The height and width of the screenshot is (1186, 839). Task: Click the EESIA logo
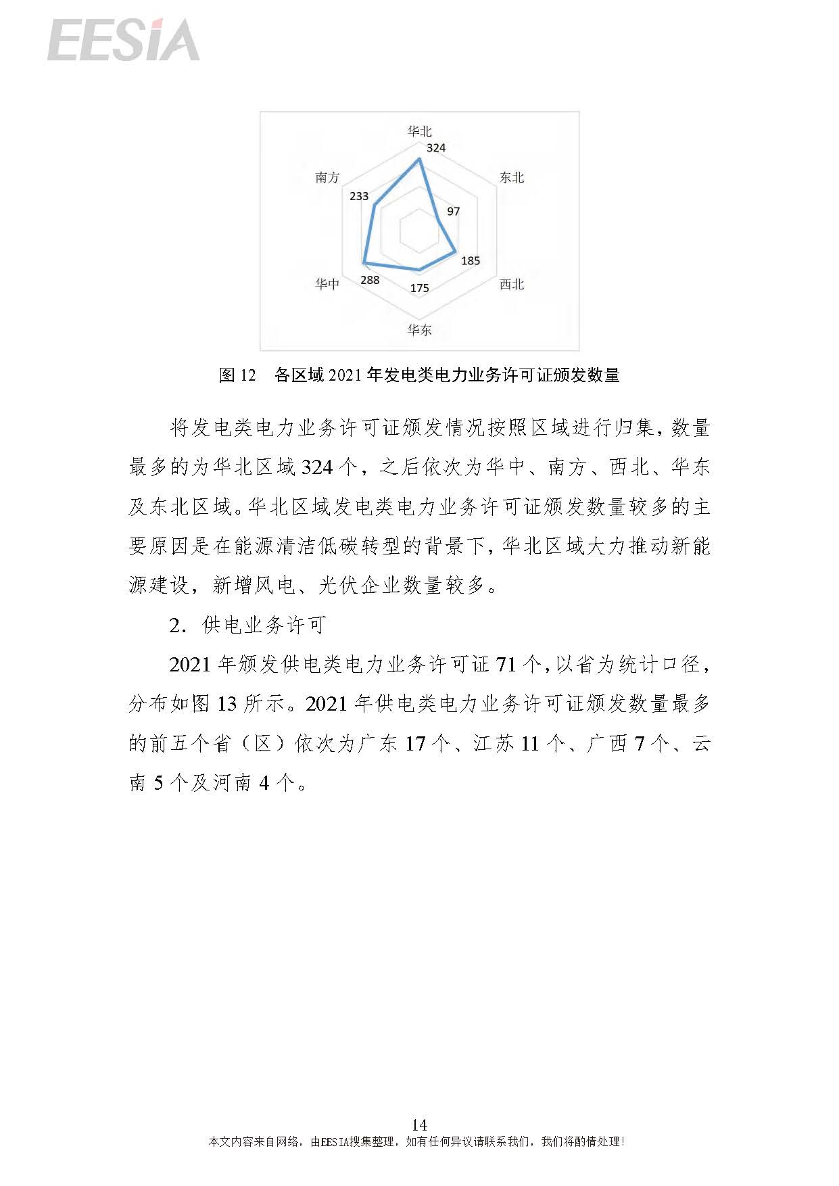tap(124, 40)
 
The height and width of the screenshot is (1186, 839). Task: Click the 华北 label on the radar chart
tap(419, 131)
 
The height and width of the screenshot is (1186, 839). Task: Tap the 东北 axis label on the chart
tap(512, 177)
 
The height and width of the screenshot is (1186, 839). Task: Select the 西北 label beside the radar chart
tap(512, 284)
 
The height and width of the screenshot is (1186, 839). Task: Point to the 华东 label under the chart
tap(419, 330)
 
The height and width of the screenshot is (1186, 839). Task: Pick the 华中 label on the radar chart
tap(327, 284)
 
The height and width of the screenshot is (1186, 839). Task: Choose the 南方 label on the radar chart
tap(327, 177)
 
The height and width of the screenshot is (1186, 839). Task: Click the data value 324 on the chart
tap(436, 147)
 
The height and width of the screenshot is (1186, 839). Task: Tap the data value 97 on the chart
tap(454, 211)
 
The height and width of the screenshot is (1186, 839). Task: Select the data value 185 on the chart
tap(471, 260)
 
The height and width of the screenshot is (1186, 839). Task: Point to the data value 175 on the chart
tap(419, 288)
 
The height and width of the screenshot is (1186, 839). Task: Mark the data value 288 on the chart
tap(370, 280)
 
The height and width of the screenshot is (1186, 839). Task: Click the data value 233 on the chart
tap(359, 196)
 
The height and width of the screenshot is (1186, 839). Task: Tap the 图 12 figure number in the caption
tap(237, 375)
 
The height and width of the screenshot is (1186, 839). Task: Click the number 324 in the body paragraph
tap(317, 467)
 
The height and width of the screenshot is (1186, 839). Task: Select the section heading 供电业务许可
tap(264, 625)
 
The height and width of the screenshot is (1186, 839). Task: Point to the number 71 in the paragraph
tap(506, 665)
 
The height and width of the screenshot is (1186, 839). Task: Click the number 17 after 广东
tap(415, 744)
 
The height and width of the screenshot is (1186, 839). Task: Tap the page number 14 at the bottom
tap(419, 1124)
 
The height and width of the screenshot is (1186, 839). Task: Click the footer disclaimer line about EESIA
tap(416, 1141)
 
